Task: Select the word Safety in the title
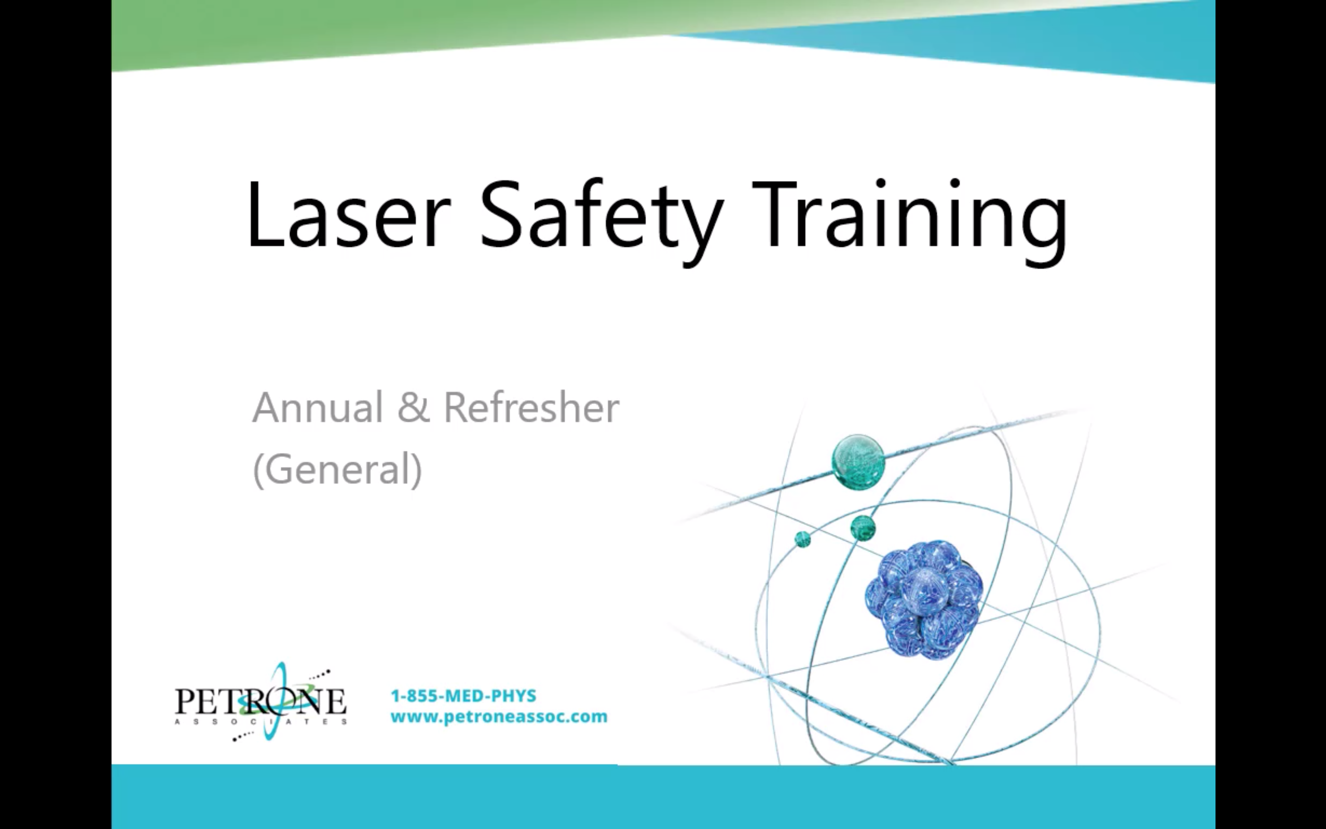[x=601, y=222]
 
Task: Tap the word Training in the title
[x=910, y=222]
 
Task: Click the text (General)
[x=337, y=469]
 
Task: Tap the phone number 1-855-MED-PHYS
[x=464, y=696]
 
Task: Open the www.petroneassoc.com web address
[x=499, y=717]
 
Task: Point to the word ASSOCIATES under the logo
[x=261, y=722]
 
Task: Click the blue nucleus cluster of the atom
[x=924, y=599]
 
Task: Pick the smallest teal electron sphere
[x=803, y=539]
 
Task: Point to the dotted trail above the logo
[x=319, y=674]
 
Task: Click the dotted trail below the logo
[x=243, y=736]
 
